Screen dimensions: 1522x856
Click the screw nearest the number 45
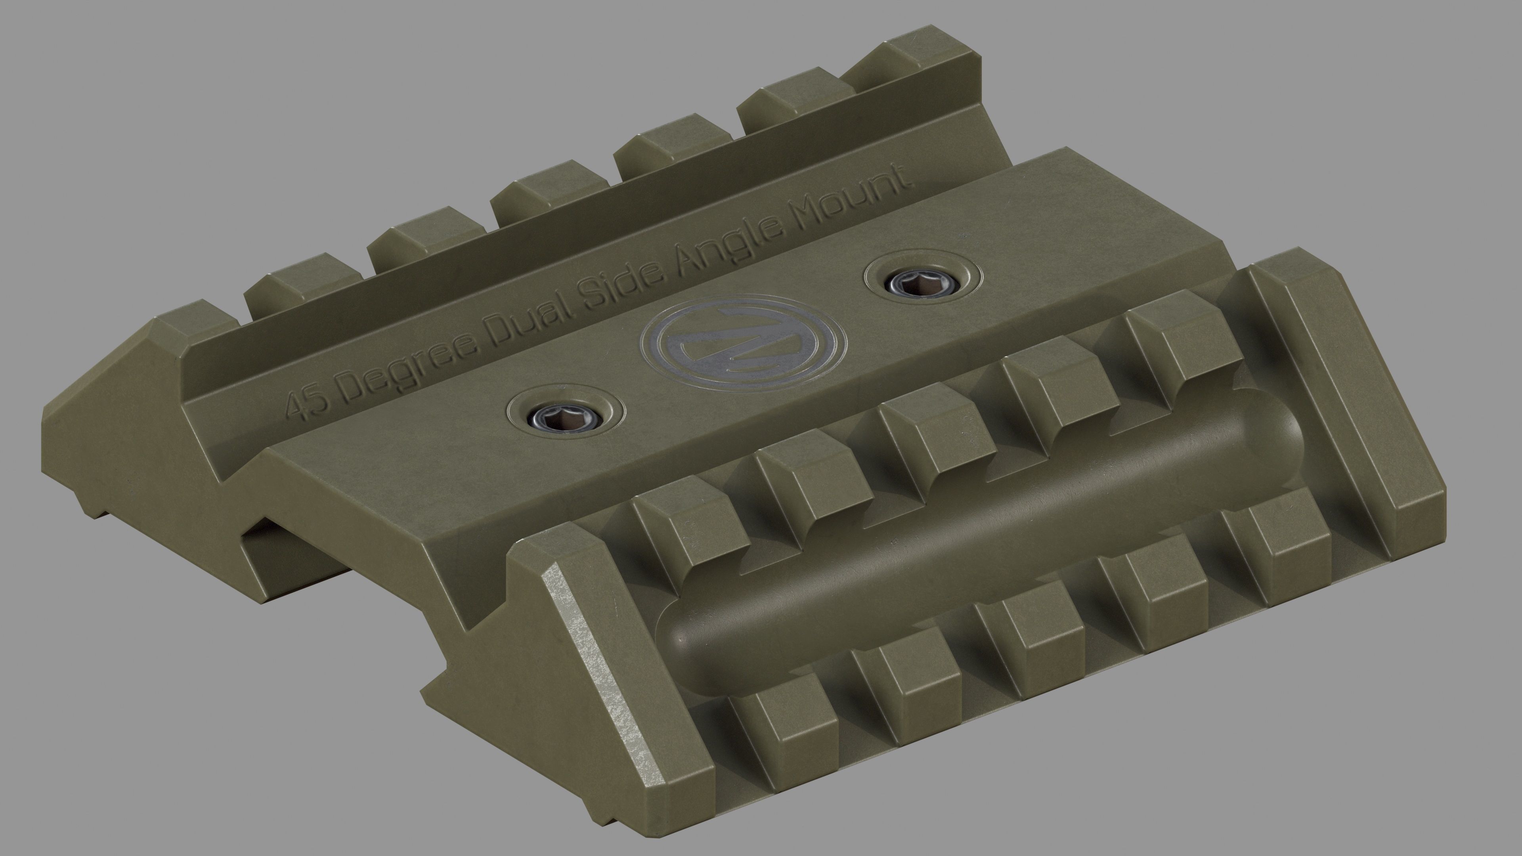tap(566, 420)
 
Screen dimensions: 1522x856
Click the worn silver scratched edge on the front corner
tap(600, 662)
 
